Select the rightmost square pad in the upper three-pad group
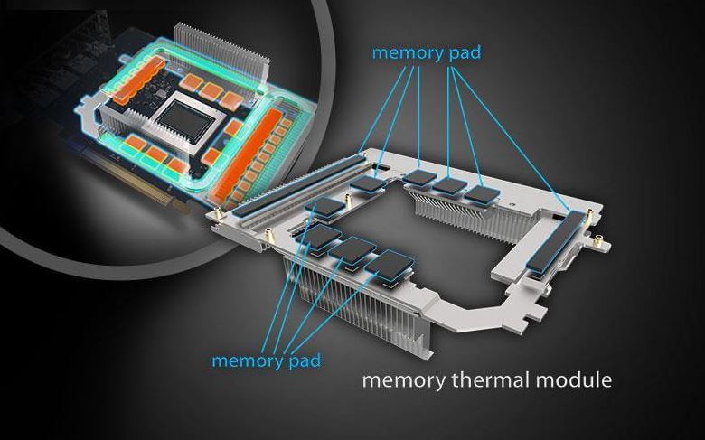point(483,195)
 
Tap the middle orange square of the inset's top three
point(211,90)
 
